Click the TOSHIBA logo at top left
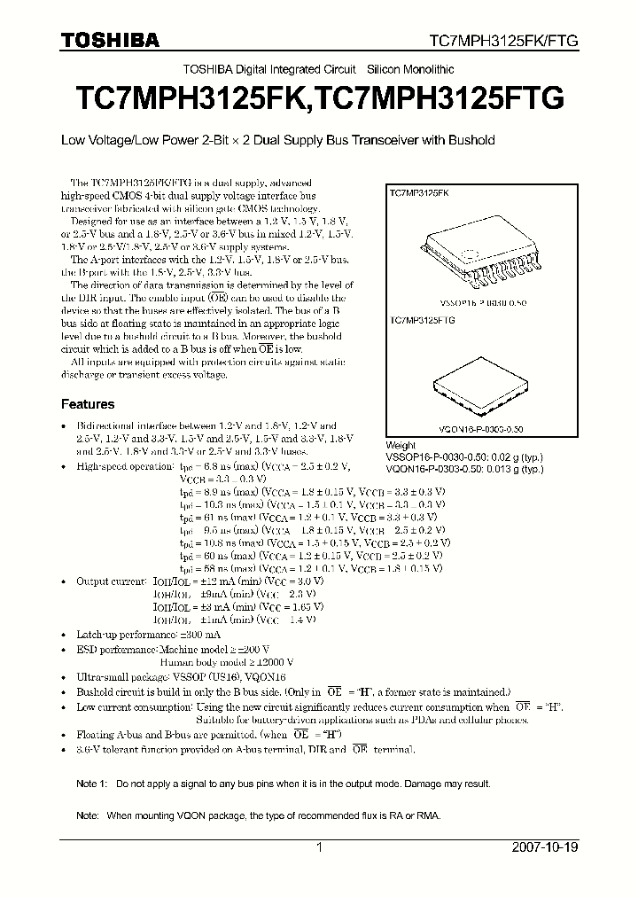tap(111, 40)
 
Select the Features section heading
tap(87, 404)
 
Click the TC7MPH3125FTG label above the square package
tap(422, 321)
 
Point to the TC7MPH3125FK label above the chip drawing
tap(419, 192)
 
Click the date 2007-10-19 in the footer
tap(545, 847)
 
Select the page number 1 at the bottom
tap(319, 847)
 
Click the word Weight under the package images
tap(401, 446)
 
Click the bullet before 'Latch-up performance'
tap(64, 636)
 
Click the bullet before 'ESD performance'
tap(64, 649)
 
